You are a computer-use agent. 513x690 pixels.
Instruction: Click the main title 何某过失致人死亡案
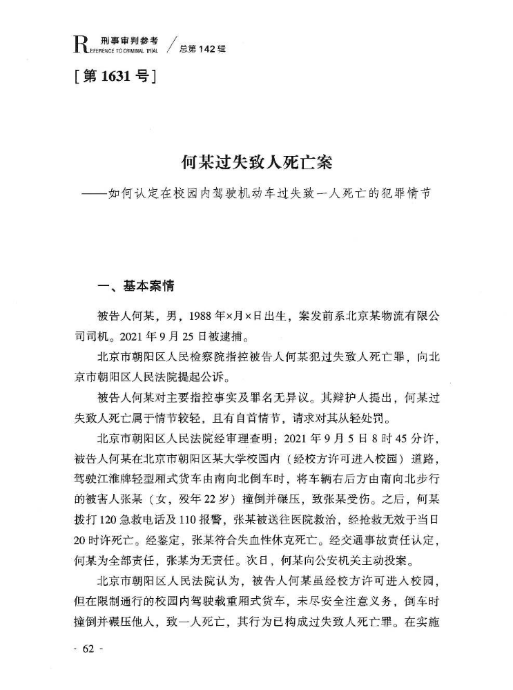256,163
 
